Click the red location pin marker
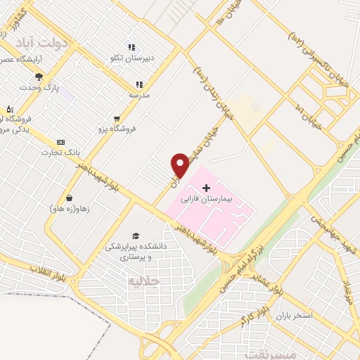181,165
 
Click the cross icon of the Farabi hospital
206,188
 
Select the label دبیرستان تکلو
154,57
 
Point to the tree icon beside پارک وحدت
39,77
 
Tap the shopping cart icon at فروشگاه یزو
117,119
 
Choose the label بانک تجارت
58,152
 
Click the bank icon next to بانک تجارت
60,141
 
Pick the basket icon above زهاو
69,198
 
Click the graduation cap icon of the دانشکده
135,236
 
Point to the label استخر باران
298,316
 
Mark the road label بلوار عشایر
268,280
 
